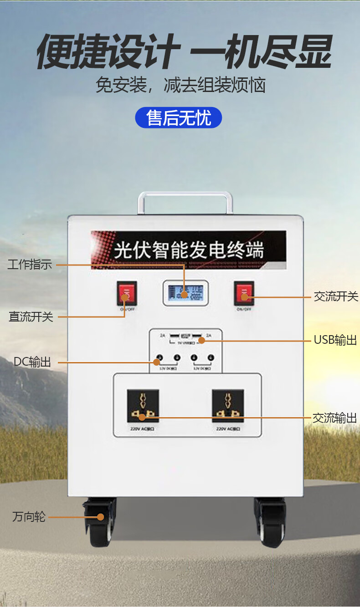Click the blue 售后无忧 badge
pyautogui.click(x=179, y=118)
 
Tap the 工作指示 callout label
pyautogui.click(x=30, y=265)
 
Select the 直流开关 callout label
pyautogui.click(x=31, y=317)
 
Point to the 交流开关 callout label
pyautogui.click(x=336, y=297)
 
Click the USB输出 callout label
pyautogui.click(x=335, y=340)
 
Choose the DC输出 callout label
pyautogui.click(x=32, y=362)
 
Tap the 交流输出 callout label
pyautogui.click(x=334, y=418)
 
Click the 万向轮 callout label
pyautogui.click(x=29, y=517)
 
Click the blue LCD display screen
pyautogui.click(x=183, y=293)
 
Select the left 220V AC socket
pyautogui.click(x=143, y=405)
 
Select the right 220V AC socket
pyautogui.click(x=227, y=405)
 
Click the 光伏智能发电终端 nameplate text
pyautogui.click(x=188, y=250)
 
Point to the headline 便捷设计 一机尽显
pyautogui.click(x=184, y=52)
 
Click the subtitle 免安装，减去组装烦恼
pyautogui.click(x=180, y=85)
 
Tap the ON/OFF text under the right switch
pyautogui.click(x=244, y=310)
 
